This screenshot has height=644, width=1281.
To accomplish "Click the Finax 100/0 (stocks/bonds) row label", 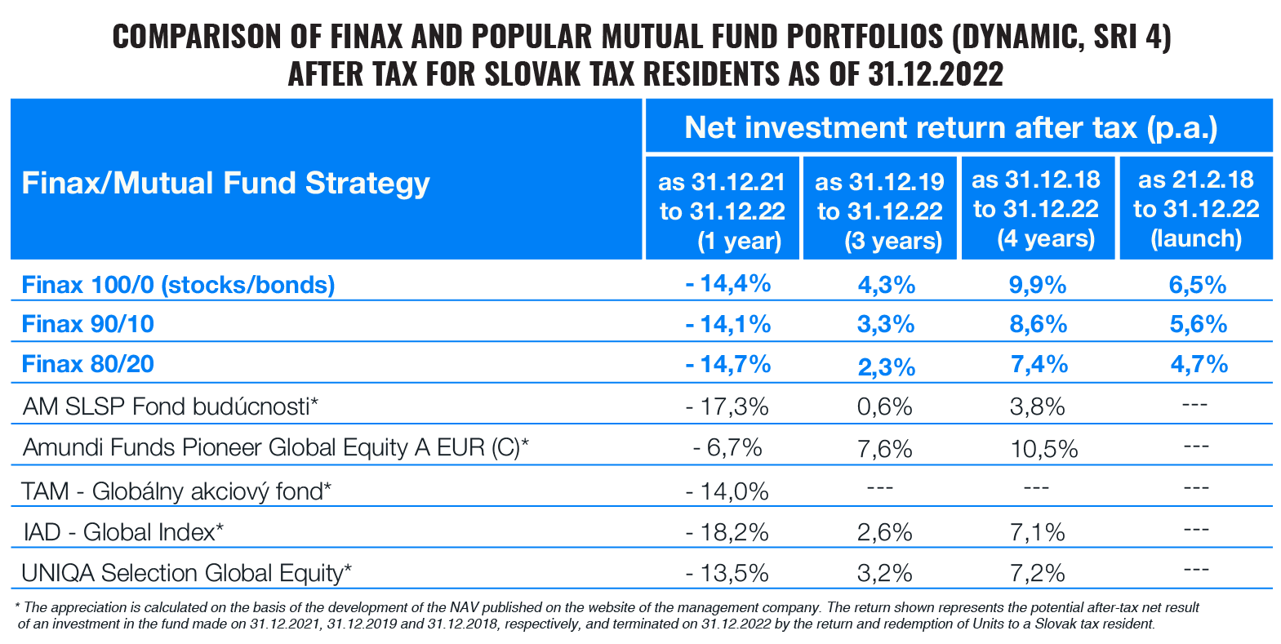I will click(x=178, y=285).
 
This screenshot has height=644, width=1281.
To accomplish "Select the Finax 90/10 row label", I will click(x=88, y=324).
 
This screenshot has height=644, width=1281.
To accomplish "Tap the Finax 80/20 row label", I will click(x=88, y=364).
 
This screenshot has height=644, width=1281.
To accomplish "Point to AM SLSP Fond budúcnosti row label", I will click(x=170, y=406).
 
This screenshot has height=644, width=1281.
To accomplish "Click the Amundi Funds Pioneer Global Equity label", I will click(x=275, y=447).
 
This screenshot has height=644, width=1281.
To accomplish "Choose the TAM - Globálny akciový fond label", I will click(x=176, y=491).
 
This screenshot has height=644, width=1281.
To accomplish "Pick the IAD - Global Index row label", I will click(x=122, y=532).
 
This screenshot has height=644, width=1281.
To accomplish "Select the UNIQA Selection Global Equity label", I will click(x=186, y=573).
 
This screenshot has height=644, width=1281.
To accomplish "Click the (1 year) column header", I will click(x=722, y=211).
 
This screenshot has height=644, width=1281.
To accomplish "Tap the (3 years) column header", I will click(x=879, y=211).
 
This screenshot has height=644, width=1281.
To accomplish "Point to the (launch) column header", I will click(x=1196, y=209).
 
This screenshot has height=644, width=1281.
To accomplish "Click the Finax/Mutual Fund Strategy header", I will click(x=225, y=183).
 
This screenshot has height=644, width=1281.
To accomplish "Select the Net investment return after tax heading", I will click(x=951, y=127).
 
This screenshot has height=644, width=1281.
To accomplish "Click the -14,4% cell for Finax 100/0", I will click(x=727, y=284).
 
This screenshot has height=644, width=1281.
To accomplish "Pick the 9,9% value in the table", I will click(x=1038, y=285).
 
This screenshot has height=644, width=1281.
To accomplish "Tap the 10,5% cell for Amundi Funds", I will click(x=1043, y=448).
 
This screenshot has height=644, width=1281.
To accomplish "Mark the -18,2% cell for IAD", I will click(x=727, y=532).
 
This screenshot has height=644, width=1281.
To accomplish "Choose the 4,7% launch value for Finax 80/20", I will click(x=1199, y=364).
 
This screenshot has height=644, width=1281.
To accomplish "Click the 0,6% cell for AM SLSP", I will click(x=884, y=406).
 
